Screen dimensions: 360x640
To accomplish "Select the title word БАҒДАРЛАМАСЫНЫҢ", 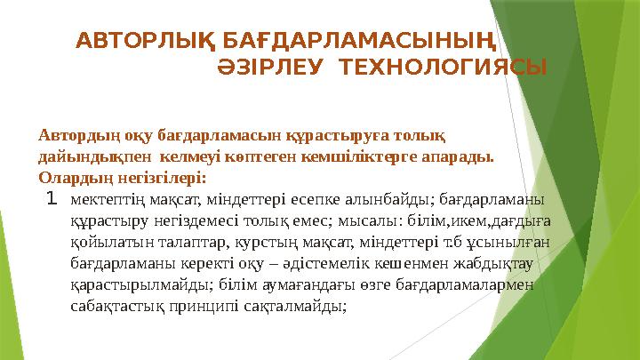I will [x=347, y=41].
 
